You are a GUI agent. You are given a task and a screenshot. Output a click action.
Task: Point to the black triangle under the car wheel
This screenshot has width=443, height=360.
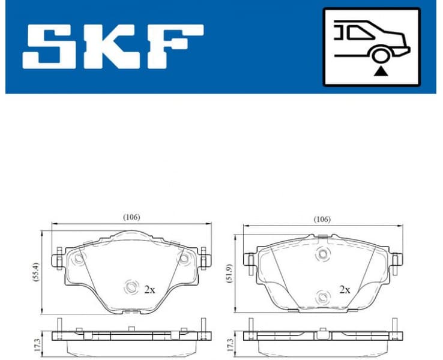pyautogui.click(x=379, y=72)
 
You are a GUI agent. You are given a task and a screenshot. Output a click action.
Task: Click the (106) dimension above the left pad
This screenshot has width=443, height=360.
pyautogui.click(x=131, y=217)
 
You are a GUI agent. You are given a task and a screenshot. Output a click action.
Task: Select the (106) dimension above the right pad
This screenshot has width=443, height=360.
pyautogui.click(x=322, y=220)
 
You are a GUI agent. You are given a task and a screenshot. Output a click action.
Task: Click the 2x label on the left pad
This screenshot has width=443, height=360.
pyautogui.click(x=149, y=289)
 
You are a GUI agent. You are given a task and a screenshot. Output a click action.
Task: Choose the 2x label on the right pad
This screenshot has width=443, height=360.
pyautogui.click(x=345, y=289)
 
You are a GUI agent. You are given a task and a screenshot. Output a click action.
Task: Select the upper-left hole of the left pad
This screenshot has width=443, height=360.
pyautogui.click(x=79, y=259)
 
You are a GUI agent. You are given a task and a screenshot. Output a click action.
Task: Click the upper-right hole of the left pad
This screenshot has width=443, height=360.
pyautogui.click(x=184, y=259)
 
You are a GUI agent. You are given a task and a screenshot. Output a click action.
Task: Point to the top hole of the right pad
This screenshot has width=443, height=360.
pyautogui.click(x=322, y=254)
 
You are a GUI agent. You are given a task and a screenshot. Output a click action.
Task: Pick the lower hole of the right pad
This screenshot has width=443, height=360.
pyautogui.click(x=322, y=296)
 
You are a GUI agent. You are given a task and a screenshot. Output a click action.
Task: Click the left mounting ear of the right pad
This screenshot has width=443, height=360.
pyautogui.click(x=248, y=259)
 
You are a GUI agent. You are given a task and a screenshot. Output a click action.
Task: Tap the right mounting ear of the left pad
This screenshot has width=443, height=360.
pyautogui.click(x=205, y=259)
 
